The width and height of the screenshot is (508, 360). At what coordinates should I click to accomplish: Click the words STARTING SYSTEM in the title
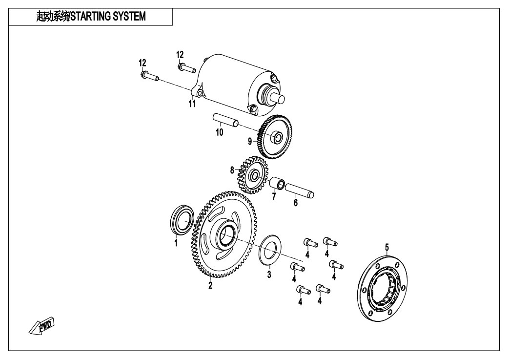tap(108, 16)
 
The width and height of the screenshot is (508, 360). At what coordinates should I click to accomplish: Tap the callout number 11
tap(192, 104)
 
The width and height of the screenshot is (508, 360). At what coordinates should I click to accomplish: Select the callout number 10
tap(219, 132)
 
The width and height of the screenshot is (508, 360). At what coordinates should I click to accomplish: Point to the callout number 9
tap(250, 141)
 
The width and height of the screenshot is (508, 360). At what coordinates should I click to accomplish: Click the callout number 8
tap(232, 170)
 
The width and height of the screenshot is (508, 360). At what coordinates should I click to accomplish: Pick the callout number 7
tap(274, 196)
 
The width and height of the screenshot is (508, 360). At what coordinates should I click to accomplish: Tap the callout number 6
tap(295, 203)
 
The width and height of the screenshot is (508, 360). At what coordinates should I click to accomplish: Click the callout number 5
tap(387, 248)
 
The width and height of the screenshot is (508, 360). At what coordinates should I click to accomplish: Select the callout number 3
tap(269, 275)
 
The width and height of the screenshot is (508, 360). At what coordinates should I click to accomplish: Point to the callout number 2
tap(210, 285)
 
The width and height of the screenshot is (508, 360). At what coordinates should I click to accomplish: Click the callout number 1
tap(176, 243)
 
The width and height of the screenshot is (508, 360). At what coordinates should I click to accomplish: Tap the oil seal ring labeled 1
tap(182, 219)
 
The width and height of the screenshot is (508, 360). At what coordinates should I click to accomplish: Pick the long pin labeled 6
tap(299, 191)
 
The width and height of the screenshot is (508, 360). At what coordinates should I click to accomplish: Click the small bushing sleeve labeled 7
tap(277, 183)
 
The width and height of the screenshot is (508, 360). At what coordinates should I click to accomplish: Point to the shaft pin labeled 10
tap(225, 120)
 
